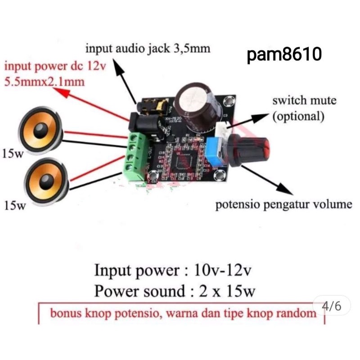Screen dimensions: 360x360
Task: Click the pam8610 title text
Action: pos(284,55)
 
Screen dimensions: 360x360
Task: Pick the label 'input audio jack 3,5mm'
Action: pos(148,48)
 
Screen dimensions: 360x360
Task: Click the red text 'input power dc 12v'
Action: pos(55,67)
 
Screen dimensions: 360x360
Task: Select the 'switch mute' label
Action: pos(304,100)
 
